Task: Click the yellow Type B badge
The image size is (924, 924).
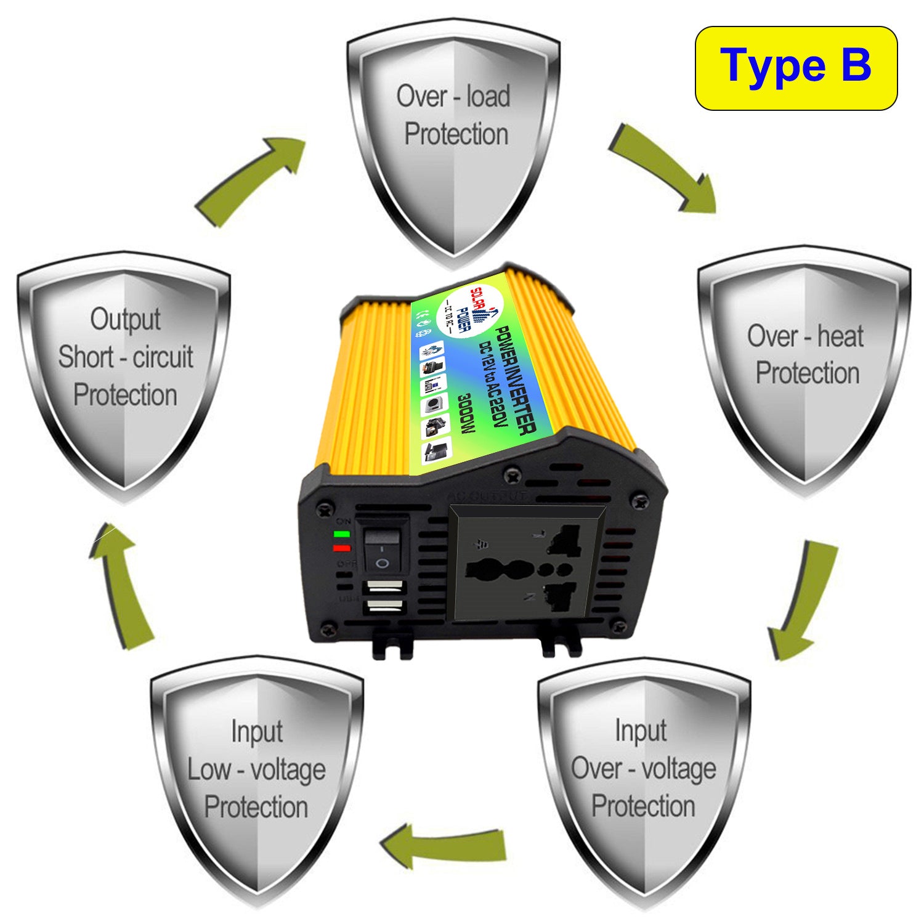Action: click(796, 68)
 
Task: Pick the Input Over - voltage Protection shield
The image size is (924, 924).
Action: click(643, 776)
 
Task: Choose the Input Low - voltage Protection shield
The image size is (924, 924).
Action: click(257, 776)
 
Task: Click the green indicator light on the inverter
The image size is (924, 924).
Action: click(342, 534)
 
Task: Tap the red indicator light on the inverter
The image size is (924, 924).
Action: click(342, 548)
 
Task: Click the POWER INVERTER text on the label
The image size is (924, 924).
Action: click(514, 379)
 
